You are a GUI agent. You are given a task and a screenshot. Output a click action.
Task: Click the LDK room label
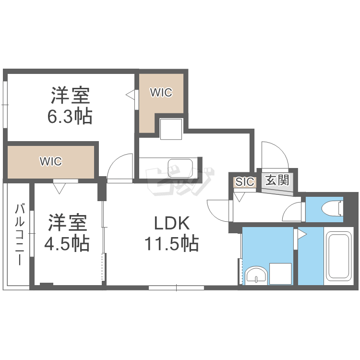(172, 223)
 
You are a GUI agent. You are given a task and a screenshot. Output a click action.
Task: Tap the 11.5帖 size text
(172, 244)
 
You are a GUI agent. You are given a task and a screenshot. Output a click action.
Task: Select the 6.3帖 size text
(70, 117)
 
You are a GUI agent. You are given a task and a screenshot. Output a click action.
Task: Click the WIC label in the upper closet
(161, 93)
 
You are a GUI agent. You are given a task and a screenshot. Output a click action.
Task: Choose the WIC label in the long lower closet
(51, 161)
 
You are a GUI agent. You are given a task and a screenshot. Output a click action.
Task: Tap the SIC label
(245, 182)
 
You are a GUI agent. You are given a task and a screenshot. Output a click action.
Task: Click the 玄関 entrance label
(277, 180)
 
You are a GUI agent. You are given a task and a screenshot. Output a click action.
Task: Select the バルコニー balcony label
(20, 235)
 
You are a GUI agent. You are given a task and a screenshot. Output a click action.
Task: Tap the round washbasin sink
(255, 276)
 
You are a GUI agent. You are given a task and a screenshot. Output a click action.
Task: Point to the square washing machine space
(281, 274)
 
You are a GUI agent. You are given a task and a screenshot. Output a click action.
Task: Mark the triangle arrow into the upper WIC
(130, 95)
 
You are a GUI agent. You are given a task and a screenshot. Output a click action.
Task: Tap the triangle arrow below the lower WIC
(60, 188)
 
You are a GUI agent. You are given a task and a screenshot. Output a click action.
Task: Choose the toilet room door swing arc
(293, 211)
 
